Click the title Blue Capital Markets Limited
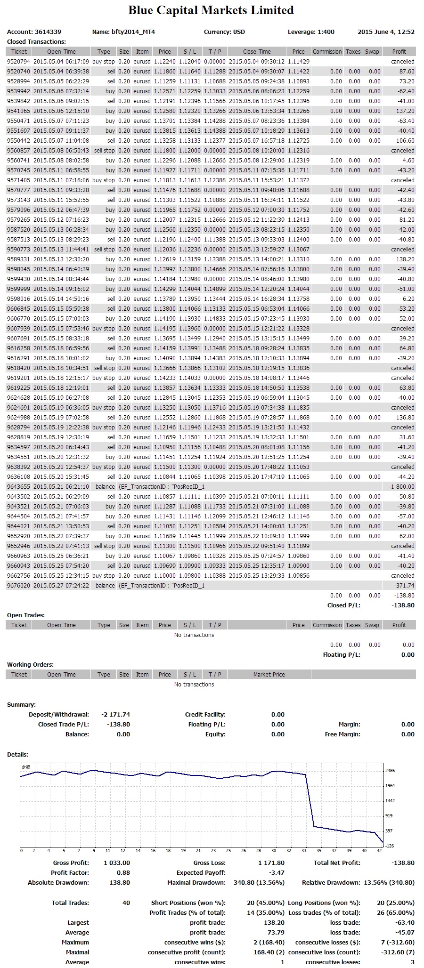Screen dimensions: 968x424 coord(211,10)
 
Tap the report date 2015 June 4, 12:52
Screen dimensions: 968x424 coord(386,32)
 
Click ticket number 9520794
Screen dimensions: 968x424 coord(18,62)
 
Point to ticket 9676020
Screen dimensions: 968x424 coord(18,586)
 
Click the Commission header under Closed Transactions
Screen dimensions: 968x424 coord(327,52)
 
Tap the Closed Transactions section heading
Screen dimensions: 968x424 coord(36,42)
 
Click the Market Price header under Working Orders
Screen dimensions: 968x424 coord(269,675)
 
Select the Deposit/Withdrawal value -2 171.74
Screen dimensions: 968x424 coord(112,715)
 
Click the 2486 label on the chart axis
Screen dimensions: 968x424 coord(390,771)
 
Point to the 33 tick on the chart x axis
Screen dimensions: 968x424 coord(303,851)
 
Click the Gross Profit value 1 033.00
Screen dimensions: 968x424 coord(117,863)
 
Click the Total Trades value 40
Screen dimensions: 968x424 coord(126,903)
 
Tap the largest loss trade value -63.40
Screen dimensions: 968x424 coord(405,923)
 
